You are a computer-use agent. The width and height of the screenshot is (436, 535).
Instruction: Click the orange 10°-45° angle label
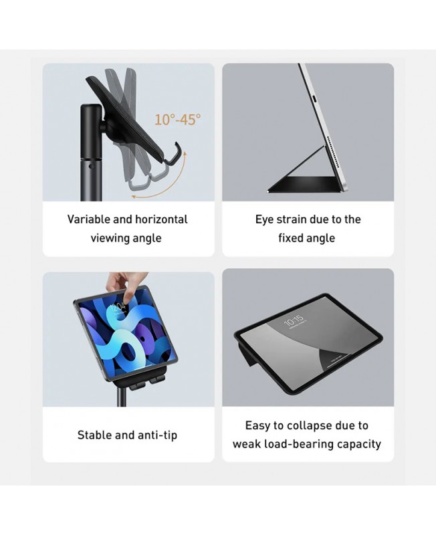point(178,120)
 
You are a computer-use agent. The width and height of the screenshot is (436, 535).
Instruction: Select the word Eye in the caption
point(264,220)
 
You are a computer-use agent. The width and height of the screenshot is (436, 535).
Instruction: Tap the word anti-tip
point(157,435)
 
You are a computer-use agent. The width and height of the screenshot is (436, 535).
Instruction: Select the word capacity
point(359,445)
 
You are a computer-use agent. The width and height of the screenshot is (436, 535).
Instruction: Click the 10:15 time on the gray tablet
point(294,320)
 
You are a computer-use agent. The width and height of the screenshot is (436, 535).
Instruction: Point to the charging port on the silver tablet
point(316,98)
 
